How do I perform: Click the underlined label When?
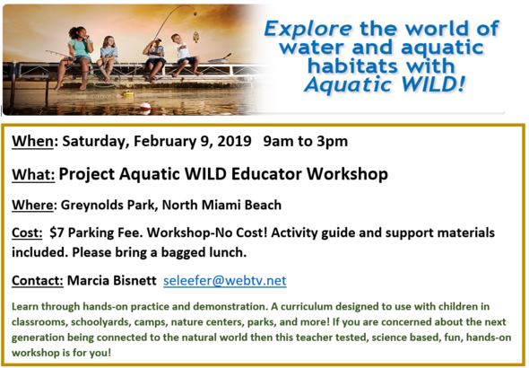[33, 142]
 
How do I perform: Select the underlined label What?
[33, 173]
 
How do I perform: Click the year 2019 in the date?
[230, 142]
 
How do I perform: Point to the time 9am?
[279, 142]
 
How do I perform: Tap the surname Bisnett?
[127, 280]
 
